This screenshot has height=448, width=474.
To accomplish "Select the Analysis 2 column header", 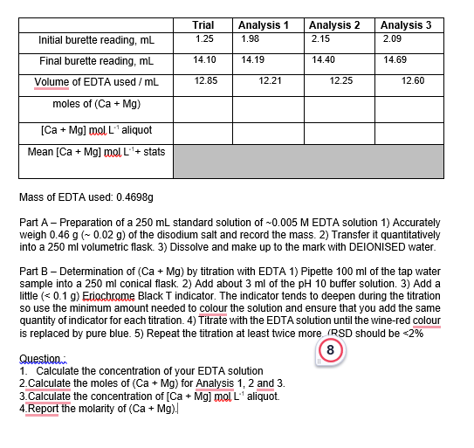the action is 334,25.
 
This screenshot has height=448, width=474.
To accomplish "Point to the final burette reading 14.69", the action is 395,59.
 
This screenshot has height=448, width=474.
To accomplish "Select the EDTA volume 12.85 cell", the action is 206,80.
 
